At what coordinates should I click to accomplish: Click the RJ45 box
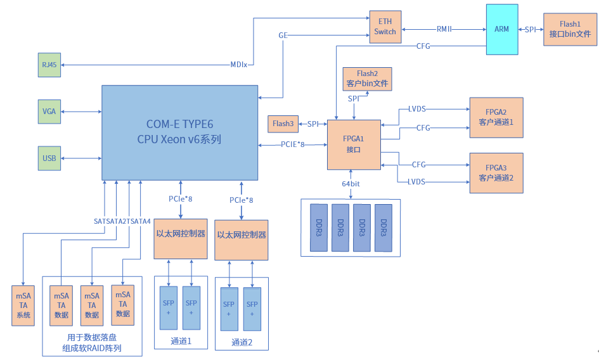pyautogui.click(x=49, y=65)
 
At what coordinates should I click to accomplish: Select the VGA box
pyautogui.click(x=49, y=111)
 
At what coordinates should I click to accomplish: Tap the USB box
pyautogui.click(x=49, y=158)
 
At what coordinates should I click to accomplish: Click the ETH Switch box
pyautogui.click(x=385, y=27)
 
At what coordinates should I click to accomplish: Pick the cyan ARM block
pyautogui.click(x=501, y=29)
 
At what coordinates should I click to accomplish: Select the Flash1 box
pyautogui.click(x=570, y=30)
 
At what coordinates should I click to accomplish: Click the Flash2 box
pyautogui.click(x=367, y=79)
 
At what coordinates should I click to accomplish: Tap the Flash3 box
pyautogui.click(x=283, y=124)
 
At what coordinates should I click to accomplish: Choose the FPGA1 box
pyautogui.click(x=353, y=145)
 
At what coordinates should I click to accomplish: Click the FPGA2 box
pyautogui.click(x=496, y=117)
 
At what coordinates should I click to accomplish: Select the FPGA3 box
pyautogui.click(x=496, y=173)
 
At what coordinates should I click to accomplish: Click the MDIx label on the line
pyautogui.click(x=239, y=65)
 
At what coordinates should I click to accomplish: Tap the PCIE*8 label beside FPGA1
pyautogui.click(x=293, y=145)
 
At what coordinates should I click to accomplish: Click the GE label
pyautogui.click(x=283, y=35)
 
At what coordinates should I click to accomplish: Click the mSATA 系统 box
pyautogui.click(x=23, y=305)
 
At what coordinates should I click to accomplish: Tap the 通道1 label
pyautogui.click(x=181, y=342)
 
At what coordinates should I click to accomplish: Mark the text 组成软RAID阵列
pyautogui.click(x=92, y=348)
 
